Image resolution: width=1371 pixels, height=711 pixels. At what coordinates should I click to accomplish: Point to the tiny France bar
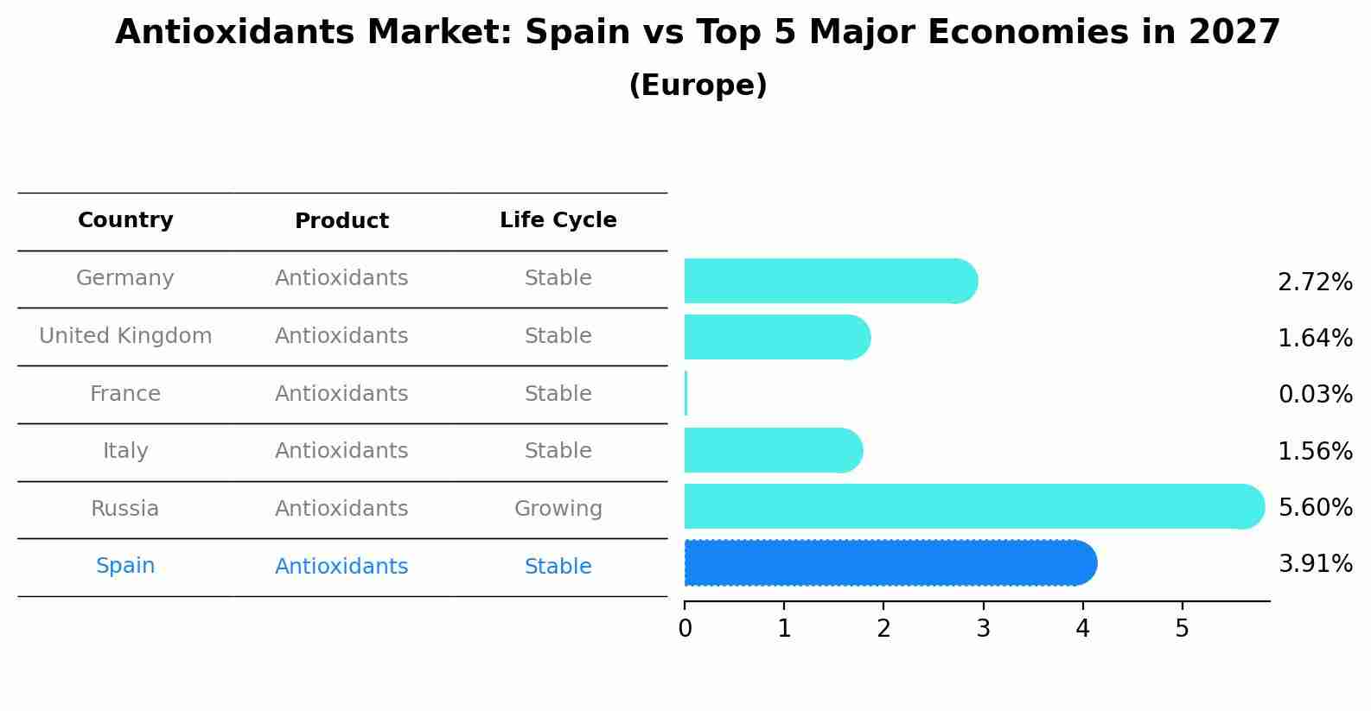(685, 394)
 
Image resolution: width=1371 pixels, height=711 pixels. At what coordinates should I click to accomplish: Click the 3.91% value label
(1315, 564)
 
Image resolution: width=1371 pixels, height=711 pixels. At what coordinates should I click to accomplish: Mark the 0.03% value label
(1315, 395)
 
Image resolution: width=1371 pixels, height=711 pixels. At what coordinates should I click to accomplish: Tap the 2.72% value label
(1315, 282)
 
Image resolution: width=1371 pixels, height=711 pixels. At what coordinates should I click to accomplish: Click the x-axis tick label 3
(983, 629)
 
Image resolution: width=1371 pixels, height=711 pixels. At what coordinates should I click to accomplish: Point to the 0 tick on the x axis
(685, 629)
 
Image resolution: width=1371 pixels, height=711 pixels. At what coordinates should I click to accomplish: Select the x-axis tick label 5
(1182, 629)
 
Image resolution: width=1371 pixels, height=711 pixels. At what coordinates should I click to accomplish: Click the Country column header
(125, 220)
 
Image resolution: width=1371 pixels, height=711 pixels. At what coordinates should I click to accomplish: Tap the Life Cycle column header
(558, 220)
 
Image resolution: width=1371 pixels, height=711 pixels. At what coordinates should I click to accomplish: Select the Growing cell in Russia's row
(558, 509)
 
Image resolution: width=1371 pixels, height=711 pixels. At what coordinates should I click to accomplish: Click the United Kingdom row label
(125, 336)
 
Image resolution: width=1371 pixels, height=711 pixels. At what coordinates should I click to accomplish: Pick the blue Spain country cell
(125, 566)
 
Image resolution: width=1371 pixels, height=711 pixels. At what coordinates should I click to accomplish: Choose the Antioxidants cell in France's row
(341, 394)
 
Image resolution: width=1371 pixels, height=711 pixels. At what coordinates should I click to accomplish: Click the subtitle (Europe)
(698, 86)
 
